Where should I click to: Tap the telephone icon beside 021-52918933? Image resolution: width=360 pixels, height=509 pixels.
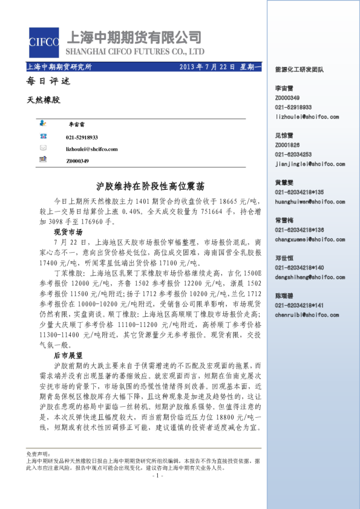(44, 137)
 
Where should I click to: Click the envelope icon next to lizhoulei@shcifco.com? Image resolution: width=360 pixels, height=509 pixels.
(44, 148)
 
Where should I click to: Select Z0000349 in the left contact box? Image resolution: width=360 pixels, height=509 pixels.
(77, 161)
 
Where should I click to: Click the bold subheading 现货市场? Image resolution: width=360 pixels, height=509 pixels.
(68, 232)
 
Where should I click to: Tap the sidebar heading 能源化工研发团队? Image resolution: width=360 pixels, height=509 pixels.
(299, 70)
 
